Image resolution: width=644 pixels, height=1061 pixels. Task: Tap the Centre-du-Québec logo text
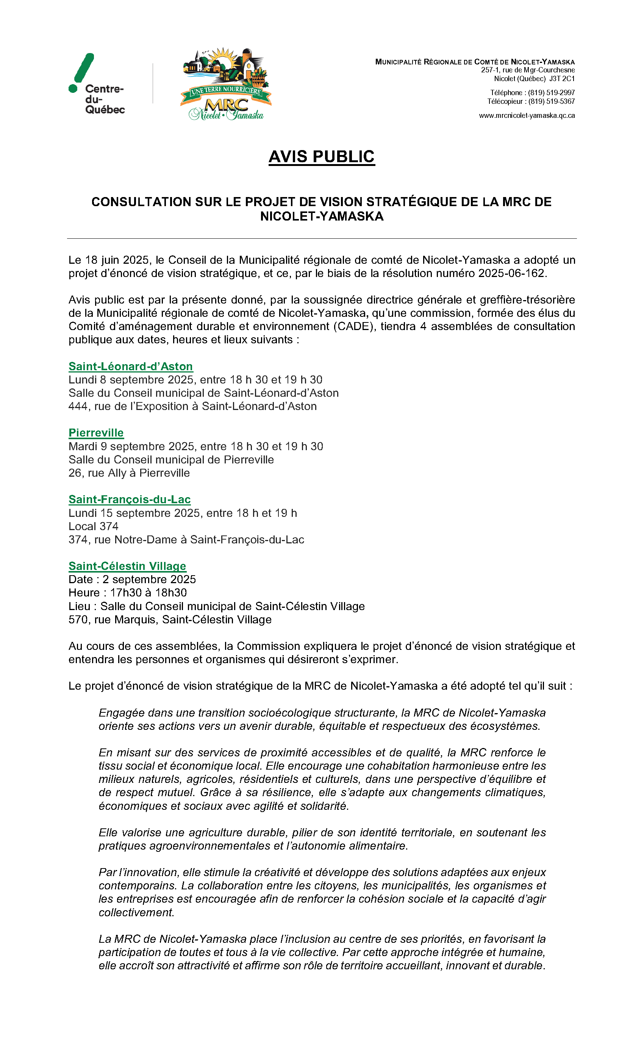coord(105,99)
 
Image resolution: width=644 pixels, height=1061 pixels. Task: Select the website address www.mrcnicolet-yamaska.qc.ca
coord(527,116)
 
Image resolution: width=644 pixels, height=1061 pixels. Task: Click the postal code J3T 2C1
coord(562,79)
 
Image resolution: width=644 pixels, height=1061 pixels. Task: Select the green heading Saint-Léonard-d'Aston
coord(130,366)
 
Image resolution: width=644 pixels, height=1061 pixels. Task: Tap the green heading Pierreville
coord(96,433)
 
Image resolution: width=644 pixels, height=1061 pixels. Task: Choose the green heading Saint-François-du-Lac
coord(129,499)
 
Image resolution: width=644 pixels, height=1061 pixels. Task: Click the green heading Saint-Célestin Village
coord(127,566)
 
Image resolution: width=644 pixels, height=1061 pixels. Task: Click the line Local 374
coord(94,526)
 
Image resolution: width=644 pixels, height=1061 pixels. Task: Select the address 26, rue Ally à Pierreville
coord(129,473)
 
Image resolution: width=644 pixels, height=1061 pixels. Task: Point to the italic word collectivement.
coord(136,912)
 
